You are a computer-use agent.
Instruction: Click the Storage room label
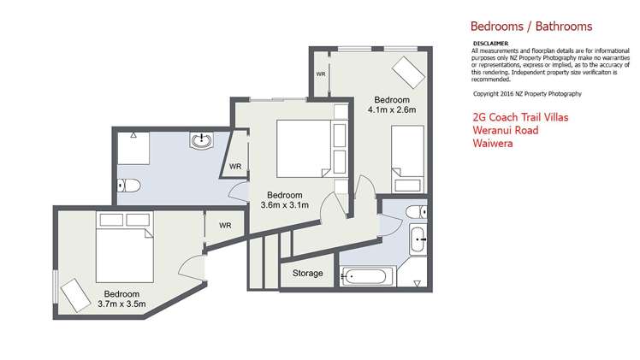coord(308,273)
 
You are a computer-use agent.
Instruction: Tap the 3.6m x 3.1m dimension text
coord(284,205)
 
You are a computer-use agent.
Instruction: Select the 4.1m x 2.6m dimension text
coord(392,109)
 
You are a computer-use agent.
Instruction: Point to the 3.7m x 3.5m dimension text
coord(121,304)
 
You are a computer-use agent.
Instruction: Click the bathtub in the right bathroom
coord(364,277)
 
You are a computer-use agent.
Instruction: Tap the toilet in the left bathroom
coord(129,186)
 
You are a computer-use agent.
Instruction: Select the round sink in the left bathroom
coord(201,139)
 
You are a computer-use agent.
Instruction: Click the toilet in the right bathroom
coord(417,212)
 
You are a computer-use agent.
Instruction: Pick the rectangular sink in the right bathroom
coord(418,239)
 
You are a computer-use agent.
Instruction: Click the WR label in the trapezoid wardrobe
coord(235,167)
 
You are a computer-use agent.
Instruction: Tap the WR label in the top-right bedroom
coord(321,74)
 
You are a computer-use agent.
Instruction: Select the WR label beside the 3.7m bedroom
coord(225,226)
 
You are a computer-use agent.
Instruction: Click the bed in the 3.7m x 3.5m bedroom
coord(125,247)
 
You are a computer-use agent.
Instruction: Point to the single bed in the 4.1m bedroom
coord(408,159)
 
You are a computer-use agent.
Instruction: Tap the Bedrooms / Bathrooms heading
coord(531,27)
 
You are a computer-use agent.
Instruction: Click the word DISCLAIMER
coord(490,44)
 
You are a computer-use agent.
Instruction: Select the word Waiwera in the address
coord(493,143)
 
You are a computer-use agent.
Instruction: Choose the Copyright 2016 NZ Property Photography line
coord(527,94)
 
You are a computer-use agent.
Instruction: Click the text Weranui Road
coord(506,131)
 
